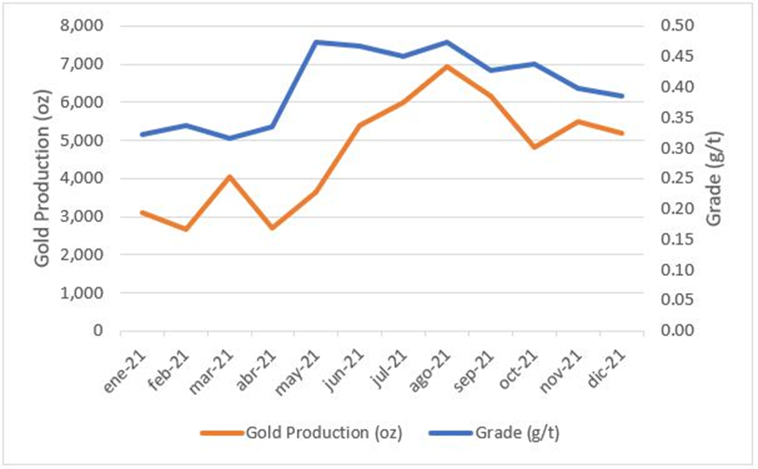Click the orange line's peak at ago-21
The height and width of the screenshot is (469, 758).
[x=446, y=66]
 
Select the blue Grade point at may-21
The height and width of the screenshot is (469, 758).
[x=316, y=42]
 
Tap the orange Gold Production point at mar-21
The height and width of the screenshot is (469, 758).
[x=229, y=177]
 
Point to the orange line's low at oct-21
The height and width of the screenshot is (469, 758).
[x=533, y=147]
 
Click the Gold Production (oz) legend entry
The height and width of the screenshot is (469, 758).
[x=297, y=432]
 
